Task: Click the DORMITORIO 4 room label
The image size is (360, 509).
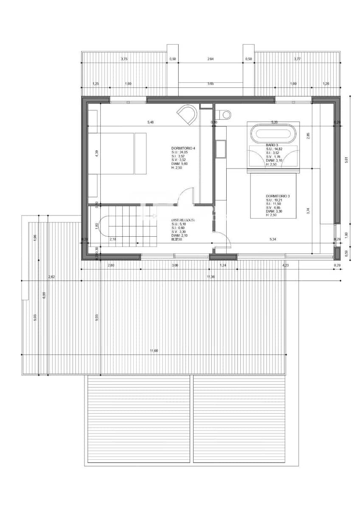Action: pos(183,148)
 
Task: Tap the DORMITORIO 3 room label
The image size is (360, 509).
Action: pos(278,196)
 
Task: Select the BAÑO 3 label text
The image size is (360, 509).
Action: pos(272,145)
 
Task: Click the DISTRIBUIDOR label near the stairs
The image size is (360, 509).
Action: pos(183,220)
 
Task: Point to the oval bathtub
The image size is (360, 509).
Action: pos(272,134)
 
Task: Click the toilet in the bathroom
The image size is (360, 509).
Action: pos(225,114)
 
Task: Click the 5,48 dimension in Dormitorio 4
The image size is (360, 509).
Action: pos(151,123)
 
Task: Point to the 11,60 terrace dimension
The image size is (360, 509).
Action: pos(154,351)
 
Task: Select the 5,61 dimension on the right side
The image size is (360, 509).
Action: pos(346,159)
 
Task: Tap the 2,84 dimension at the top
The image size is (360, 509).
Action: pos(210,59)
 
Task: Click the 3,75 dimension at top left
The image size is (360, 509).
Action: pos(124,59)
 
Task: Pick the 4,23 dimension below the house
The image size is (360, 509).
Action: pos(286,265)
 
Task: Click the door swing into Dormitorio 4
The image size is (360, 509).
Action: pos(184,197)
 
